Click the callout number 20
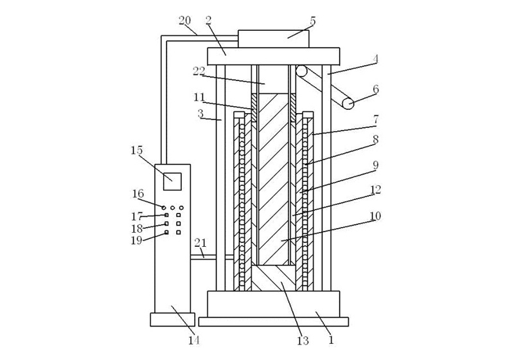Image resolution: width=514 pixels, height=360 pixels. [x=184, y=21]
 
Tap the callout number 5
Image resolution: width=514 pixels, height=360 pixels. [x=313, y=21]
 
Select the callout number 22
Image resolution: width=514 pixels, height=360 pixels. [x=199, y=71]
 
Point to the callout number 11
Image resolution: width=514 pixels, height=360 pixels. [x=199, y=97]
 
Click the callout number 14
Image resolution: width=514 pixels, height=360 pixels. [x=194, y=340]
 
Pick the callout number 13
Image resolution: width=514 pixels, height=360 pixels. [x=303, y=341]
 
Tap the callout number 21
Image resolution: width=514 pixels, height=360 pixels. [x=200, y=243]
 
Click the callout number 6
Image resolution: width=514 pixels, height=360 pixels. [x=376, y=89]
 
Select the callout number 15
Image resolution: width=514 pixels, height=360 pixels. [x=137, y=150]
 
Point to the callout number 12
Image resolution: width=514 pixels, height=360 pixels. [x=376, y=190]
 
